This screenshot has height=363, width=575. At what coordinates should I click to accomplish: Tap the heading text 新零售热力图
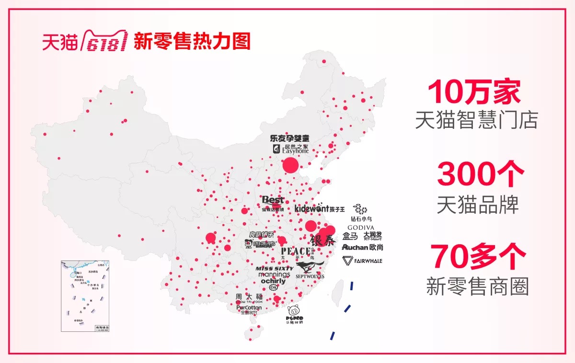coord(192,42)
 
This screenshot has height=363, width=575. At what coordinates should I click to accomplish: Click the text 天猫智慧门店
coord(476,120)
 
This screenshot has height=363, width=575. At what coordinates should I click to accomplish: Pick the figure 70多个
coord(478,257)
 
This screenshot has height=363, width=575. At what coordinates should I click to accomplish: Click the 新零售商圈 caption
coord(477,286)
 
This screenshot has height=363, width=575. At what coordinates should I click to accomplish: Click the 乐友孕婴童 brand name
coord(289,138)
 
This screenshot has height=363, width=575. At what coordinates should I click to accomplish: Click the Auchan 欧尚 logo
coord(362,248)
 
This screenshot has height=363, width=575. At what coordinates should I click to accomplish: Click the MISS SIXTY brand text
coord(274,269)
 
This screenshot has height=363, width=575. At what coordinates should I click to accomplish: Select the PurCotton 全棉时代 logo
coord(249,309)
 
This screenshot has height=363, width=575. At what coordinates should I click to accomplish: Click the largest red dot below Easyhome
coord(290,166)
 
